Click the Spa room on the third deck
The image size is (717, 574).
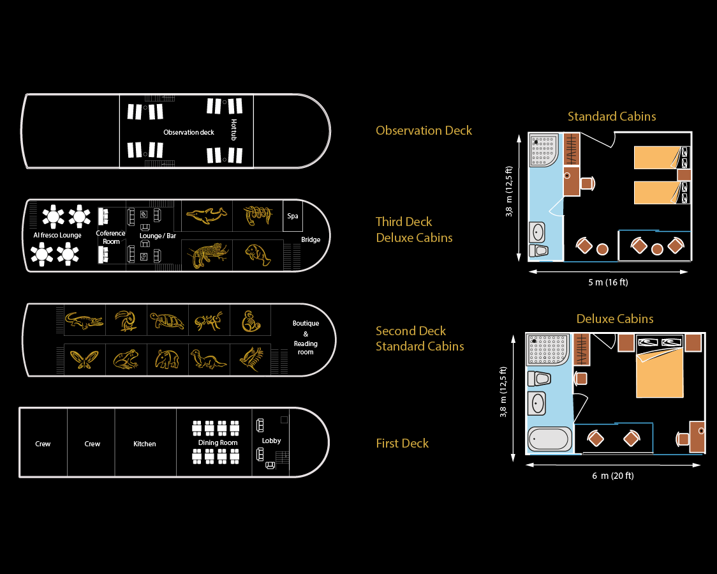[x=293, y=216]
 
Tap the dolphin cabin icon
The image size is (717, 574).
[x=207, y=216]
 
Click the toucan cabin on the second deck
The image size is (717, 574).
[x=126, y=321]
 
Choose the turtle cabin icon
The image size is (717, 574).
[x=168, y=321]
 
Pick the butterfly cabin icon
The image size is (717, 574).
[x=83, y=360]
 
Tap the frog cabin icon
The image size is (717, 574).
[x=126, y=360]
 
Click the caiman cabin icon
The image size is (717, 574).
[x=83, y=321]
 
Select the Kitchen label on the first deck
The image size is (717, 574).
[x=145, y=444]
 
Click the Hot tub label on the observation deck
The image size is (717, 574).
[x=234, y=125]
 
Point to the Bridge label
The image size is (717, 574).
[x=311, y=240]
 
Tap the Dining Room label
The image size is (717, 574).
[x=218, y=442]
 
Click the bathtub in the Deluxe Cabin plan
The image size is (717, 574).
[x=549, y=439]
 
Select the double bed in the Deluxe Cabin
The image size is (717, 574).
[x=660, y=373]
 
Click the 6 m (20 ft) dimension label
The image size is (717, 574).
[x=612, y=476]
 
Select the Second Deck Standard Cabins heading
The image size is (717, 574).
[x=420, y=338]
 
